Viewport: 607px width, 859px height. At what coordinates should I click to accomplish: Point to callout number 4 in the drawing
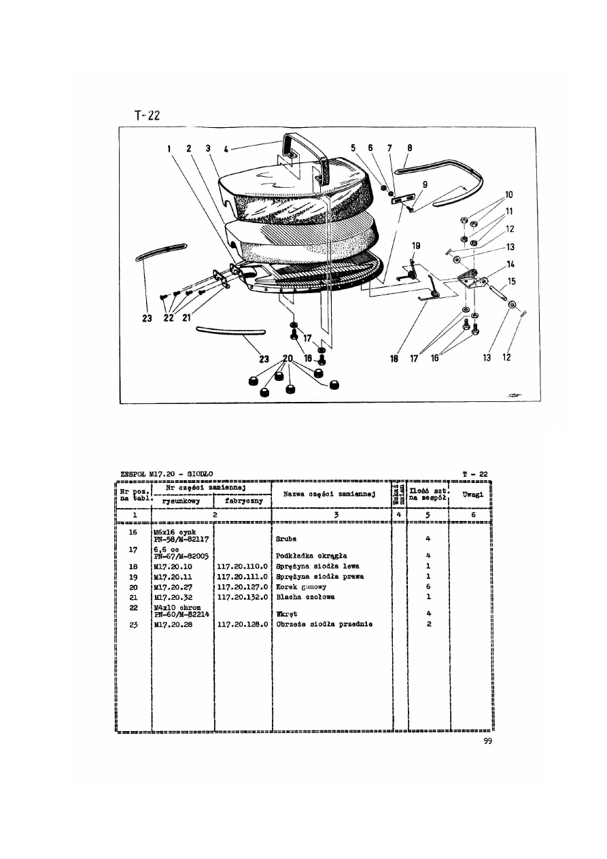[x=226, y=148]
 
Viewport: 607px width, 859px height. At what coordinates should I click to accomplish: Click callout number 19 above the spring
[x=415, y=246]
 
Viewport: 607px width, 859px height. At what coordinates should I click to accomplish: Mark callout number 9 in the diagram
[x=425, y=184]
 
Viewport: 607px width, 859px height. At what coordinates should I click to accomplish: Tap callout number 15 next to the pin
[x=511, y=280]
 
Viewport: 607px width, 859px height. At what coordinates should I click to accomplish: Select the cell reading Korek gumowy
[x=301, y=586]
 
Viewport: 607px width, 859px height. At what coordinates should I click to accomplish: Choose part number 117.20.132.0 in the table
[x=243, y=596]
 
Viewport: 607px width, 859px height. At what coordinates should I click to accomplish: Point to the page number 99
[x=485, y=742]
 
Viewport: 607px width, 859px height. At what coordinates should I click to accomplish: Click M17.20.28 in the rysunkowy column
[x=173, y=624]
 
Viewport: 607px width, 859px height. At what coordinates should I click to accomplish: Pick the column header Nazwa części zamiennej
[x=331, y=494]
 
